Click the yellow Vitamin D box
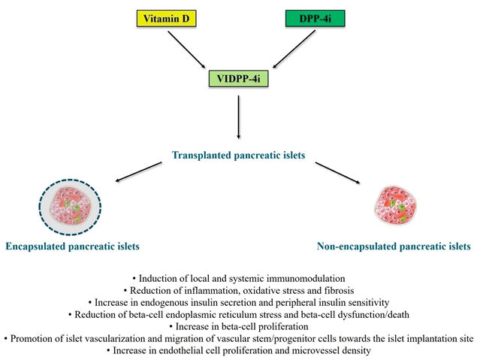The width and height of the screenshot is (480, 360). [163, 18]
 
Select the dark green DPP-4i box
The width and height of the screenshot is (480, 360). [315, 18]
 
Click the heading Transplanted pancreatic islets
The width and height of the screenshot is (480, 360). [239, 157]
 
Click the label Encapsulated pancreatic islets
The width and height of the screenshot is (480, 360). [72, 246]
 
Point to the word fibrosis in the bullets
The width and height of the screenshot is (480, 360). [339, 289]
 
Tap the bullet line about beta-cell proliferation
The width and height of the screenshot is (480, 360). [239, 326]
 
